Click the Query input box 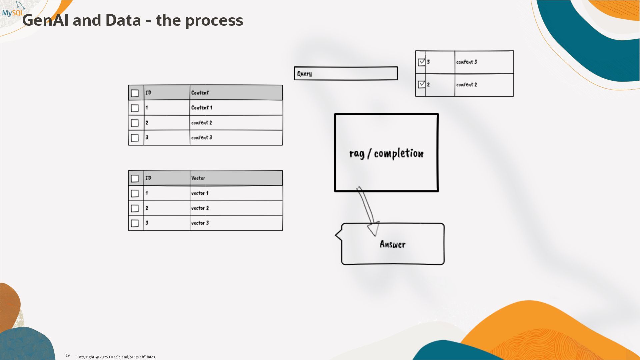click(x=346, y=73)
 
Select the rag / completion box click(x=386, y=153)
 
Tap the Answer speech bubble click(x=393, y=244)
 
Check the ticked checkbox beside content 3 click(x=422, y=62)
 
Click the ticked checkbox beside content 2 click(x=422, y=85)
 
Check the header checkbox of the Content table click(x=135, y=93)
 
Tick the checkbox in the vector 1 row click(x=135, y=193)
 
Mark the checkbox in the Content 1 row click(x=135, y=108)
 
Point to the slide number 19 click(x=68, y=356)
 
